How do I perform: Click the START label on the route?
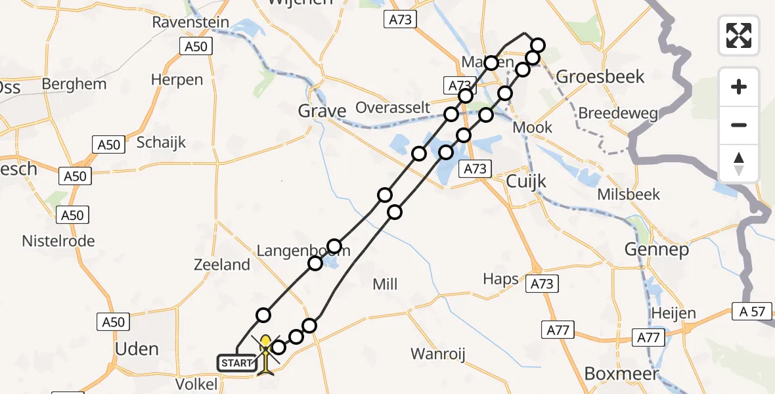point(236,362)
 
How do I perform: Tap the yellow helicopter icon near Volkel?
point(265,355)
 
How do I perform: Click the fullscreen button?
point(739,35)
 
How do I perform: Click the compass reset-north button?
point(739,164)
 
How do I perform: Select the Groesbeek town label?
point(591,77)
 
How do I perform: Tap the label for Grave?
point(322,112)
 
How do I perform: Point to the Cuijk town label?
point(527,181)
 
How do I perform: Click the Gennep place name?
point(657,250)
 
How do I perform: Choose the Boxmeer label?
point(621,374)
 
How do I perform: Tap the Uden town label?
point(137,349)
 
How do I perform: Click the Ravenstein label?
point(190,22)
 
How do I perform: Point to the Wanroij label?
point(438,354)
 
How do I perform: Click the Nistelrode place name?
point(58,241)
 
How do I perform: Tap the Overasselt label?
point(393,108)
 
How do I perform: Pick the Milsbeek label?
point(629,195)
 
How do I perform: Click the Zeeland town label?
point(222,265)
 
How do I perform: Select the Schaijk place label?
point(162,142)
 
